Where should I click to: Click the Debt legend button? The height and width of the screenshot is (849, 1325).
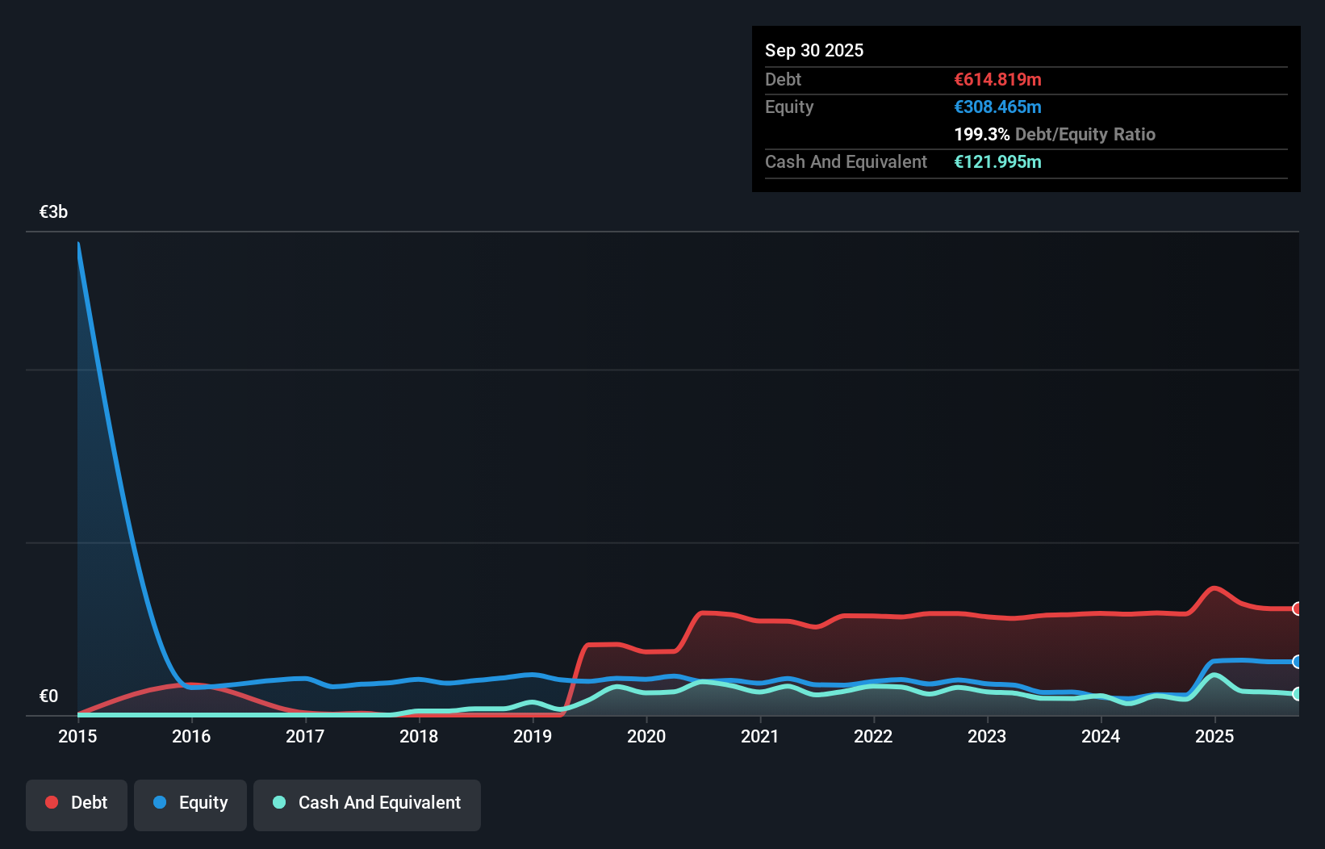77,804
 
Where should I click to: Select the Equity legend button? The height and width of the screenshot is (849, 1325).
190,804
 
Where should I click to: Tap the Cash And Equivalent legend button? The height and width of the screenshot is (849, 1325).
367,804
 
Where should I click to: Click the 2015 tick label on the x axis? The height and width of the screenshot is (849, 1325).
77,736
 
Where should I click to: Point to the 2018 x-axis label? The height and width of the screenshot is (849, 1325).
419,736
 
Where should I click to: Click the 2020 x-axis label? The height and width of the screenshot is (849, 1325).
646,736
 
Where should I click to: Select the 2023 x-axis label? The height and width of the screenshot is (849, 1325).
987,736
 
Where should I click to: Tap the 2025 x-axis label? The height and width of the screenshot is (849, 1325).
1214,736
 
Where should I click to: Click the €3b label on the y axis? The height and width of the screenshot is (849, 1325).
54,212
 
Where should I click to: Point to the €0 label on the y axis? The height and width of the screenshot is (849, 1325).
48,696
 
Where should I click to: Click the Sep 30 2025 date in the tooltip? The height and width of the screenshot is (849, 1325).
814,50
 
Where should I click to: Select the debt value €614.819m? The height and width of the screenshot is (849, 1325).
997,79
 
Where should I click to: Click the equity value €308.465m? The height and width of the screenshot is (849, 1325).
997,107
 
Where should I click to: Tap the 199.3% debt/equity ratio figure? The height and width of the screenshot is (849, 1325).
981,134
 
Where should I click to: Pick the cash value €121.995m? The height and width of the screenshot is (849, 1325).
997,161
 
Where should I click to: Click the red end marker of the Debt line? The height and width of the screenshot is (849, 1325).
1297,609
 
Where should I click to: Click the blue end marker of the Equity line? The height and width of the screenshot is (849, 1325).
1297,662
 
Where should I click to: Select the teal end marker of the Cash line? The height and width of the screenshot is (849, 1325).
1297,694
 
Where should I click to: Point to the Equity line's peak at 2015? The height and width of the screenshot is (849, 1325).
78,243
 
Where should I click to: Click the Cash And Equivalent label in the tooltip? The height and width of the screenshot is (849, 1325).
846,161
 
